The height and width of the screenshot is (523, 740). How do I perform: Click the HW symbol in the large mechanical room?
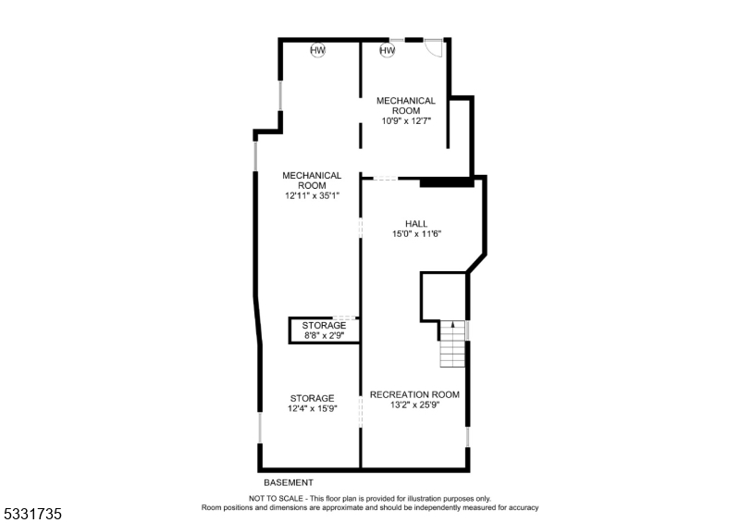coord(317,50)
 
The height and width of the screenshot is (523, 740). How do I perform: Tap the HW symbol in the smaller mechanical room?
coord(387,50)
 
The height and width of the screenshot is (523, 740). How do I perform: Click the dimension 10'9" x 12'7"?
coord(405,120)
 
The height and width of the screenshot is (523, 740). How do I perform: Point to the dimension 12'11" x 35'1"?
coord(312,195)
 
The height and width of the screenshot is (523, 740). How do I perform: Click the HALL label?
coord(416,223)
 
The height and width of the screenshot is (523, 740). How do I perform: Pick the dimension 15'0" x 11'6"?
coord(416,234)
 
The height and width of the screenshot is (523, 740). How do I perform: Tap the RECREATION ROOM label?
coord(414,394)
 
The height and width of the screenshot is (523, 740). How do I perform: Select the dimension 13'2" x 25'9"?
coord(414,405)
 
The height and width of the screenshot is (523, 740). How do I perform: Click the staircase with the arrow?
coord(451,342)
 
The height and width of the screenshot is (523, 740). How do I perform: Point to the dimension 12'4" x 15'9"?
coord(312,408)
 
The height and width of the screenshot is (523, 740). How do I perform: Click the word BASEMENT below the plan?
coord(288,482)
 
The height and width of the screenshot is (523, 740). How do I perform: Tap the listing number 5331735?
coord(32,511)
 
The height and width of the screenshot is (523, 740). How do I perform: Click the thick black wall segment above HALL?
coord(448,182)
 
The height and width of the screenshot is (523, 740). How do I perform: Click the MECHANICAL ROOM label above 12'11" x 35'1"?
coord(312,180)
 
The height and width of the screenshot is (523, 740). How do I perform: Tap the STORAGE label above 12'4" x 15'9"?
coord(312,398)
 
